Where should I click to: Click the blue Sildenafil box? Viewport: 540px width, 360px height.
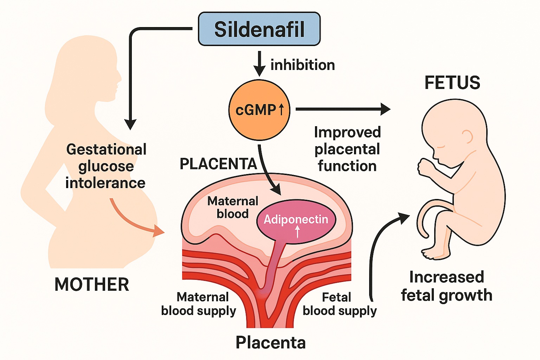pyautogui.click(x=259, y=29)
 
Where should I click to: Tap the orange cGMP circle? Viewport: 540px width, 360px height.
pyautogui.click(x=259, y=110)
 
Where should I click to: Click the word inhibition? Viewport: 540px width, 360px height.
pyautogui.click(x=302, y=65)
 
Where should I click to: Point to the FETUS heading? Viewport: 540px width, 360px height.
pyautogui.click(x=452, y=83)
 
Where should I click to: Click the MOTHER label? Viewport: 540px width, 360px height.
pyautogui.click(x=92, y=284)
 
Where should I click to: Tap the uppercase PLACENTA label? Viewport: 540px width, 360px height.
pyautogui.click(x=218, y=164)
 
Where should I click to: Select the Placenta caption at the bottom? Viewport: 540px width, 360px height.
pyautogui.click(x=270, y=342)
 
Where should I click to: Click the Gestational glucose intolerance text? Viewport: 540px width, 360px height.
pyautogui.click(x=106, y=166)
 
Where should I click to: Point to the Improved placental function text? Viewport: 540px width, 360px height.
pyautogui.click(x=347, y=149)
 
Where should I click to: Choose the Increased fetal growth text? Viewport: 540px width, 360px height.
pyautogui.click(x=446, y=286)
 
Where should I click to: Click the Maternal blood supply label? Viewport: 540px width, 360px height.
pyautogui.click(x=199, y=304)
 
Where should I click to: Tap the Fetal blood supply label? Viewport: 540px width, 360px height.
pyautogui.click(x=339, y=304)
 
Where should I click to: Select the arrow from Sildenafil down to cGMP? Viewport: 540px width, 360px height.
pyautogui.click(x=259, y=63)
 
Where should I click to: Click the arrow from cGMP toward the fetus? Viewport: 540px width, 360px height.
pyautogui.click(x=343, y=109)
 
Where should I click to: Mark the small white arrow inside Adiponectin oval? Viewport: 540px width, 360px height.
pyautogui.click(x=297, y=231)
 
